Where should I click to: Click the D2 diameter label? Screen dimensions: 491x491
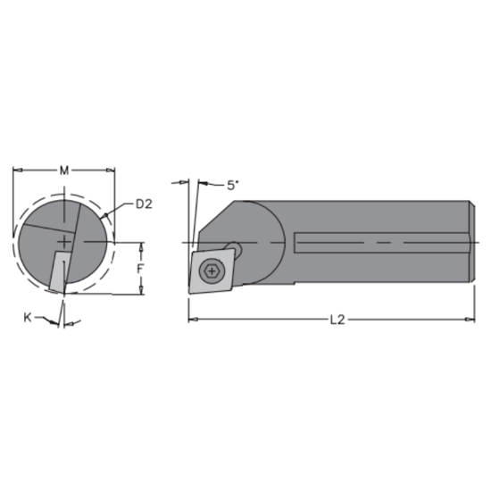(145, 204)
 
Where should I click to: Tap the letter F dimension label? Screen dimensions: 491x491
(138, 266)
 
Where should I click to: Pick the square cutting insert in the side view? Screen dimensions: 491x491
(212, 270)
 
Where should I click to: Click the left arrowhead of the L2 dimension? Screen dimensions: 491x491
(192, 319)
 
